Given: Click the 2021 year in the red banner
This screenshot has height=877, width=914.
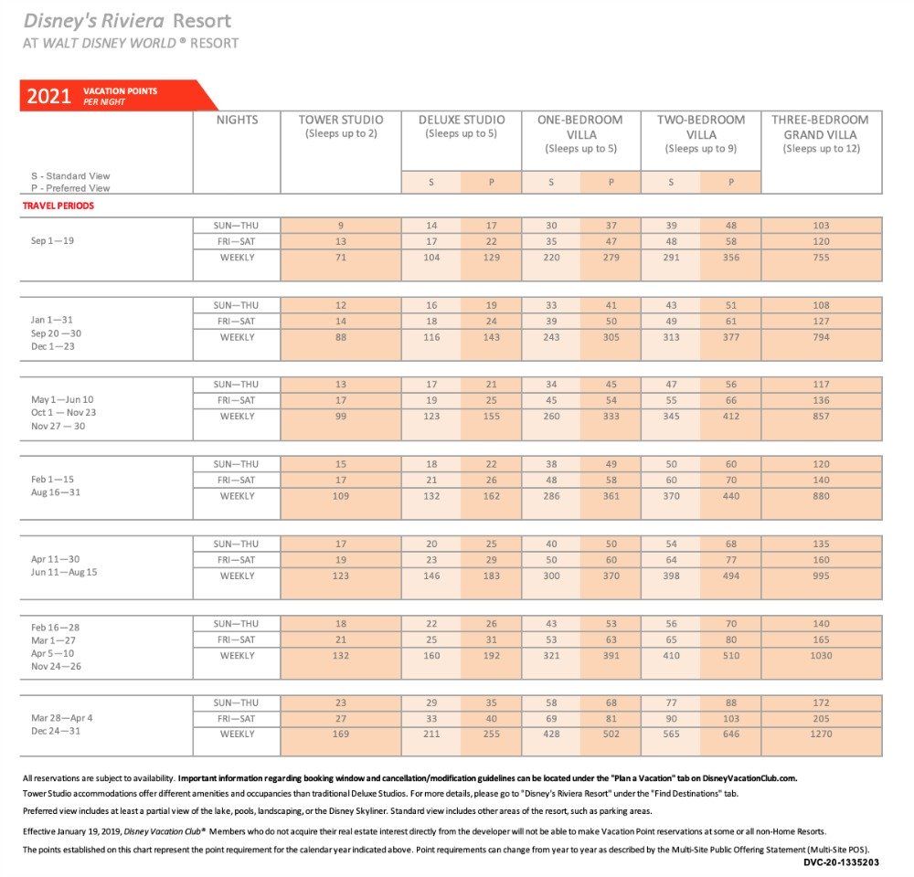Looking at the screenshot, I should tap(49, 96).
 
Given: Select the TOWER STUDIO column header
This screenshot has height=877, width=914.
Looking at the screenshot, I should tap(341, 120).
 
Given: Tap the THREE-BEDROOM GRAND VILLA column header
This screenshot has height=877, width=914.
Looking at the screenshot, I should tap(821, 127).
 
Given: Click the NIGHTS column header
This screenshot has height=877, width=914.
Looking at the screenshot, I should tap(237, 120).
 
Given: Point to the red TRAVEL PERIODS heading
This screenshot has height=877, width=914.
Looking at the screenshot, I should tap(58, 206).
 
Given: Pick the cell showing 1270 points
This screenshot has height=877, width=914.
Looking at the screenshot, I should tap(821, 734).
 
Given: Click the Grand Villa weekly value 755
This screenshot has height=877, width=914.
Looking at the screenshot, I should tap(821, 258).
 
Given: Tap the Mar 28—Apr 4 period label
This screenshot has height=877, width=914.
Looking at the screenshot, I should tap(62, 717).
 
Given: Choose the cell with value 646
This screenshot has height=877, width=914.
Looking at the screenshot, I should tap(731, 734).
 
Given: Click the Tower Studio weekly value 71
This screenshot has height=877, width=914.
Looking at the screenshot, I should tap(341, 258).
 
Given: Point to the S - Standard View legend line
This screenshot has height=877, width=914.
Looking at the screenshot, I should tap(70, 175).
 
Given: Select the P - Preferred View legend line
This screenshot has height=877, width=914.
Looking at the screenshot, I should tap(70, 188).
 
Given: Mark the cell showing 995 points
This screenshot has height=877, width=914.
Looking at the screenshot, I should tap(821, 576).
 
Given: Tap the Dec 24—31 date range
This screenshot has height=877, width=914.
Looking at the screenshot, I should tap(56, 732).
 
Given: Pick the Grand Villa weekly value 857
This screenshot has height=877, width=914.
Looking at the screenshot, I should tap(821, 417).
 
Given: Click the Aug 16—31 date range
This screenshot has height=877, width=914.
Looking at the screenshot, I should tap(55, 493).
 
